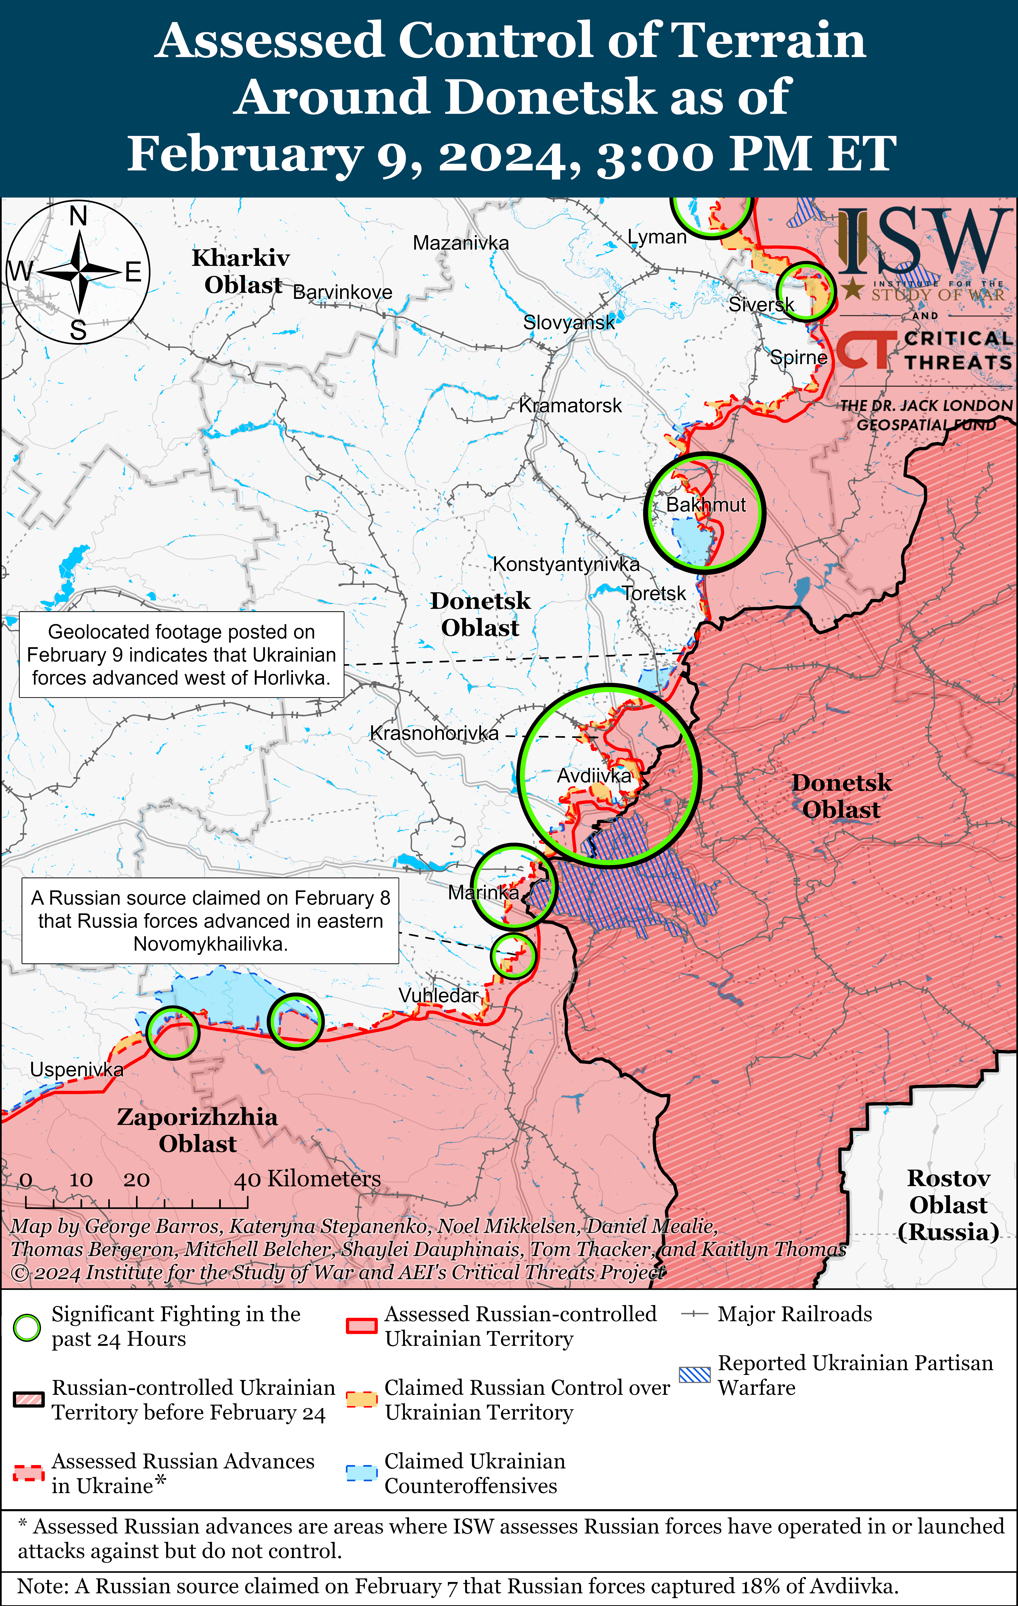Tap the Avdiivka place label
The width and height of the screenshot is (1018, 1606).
coord(593,776)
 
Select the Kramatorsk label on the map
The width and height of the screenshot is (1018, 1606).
coord(570,406)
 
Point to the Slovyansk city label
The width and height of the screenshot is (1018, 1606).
coord(569,323)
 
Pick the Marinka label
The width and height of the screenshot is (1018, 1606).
coord(483,892)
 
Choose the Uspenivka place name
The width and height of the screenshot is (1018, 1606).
coord(77,1070)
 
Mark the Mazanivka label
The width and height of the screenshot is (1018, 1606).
coord(461,243)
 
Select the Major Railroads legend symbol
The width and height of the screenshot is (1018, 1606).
coord(694,1314)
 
